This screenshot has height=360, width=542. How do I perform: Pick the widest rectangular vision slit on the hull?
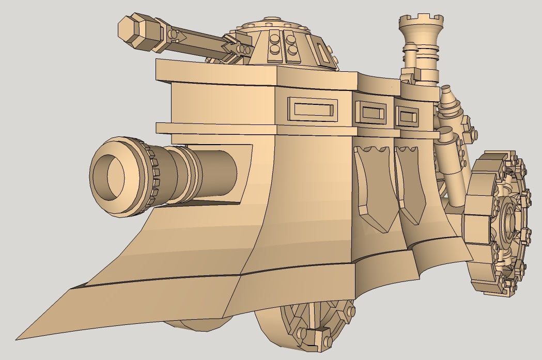click(312, 109)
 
